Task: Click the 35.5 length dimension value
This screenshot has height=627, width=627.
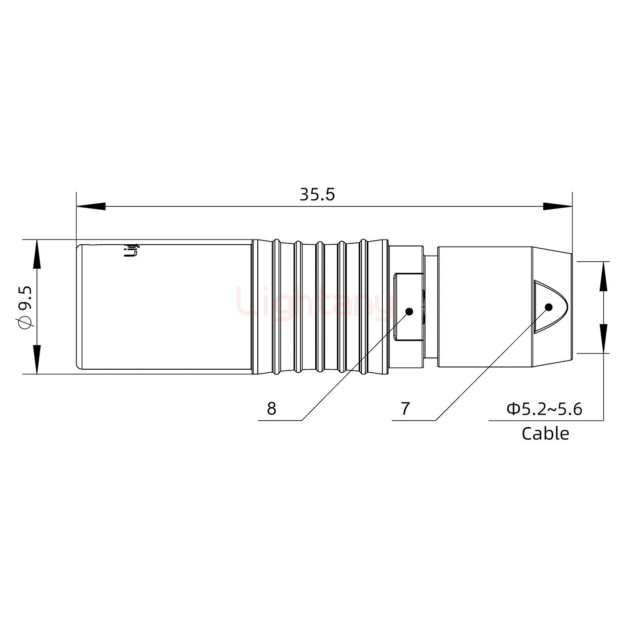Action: coord(317,195)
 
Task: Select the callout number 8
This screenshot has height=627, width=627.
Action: coord(271,409)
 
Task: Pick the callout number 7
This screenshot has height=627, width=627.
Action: coord(405,409)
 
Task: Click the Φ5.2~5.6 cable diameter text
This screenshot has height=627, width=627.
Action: coord(544,409)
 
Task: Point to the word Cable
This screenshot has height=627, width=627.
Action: coord(545,434)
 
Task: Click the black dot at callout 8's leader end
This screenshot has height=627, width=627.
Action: coord(409,311)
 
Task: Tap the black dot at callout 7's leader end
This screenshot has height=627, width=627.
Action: coord(548,307)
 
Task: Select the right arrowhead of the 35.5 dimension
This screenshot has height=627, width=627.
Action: coord(557,206)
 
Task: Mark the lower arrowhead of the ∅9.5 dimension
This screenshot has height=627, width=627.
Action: coord(37,359)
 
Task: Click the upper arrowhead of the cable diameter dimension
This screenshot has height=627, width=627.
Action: coord(603,276)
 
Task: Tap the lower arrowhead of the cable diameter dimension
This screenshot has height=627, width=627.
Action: coord(603,338)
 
